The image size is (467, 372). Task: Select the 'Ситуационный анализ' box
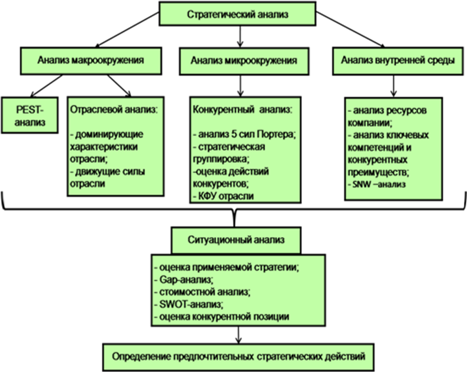click(x=236, y=240)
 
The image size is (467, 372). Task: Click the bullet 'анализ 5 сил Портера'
click(x=244, y=134)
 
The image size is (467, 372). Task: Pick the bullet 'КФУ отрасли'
click(x=223, y=195)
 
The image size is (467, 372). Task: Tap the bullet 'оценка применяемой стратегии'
click(x=226, y=266)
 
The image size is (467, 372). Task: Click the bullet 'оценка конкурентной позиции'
click(x=222, y=317)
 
